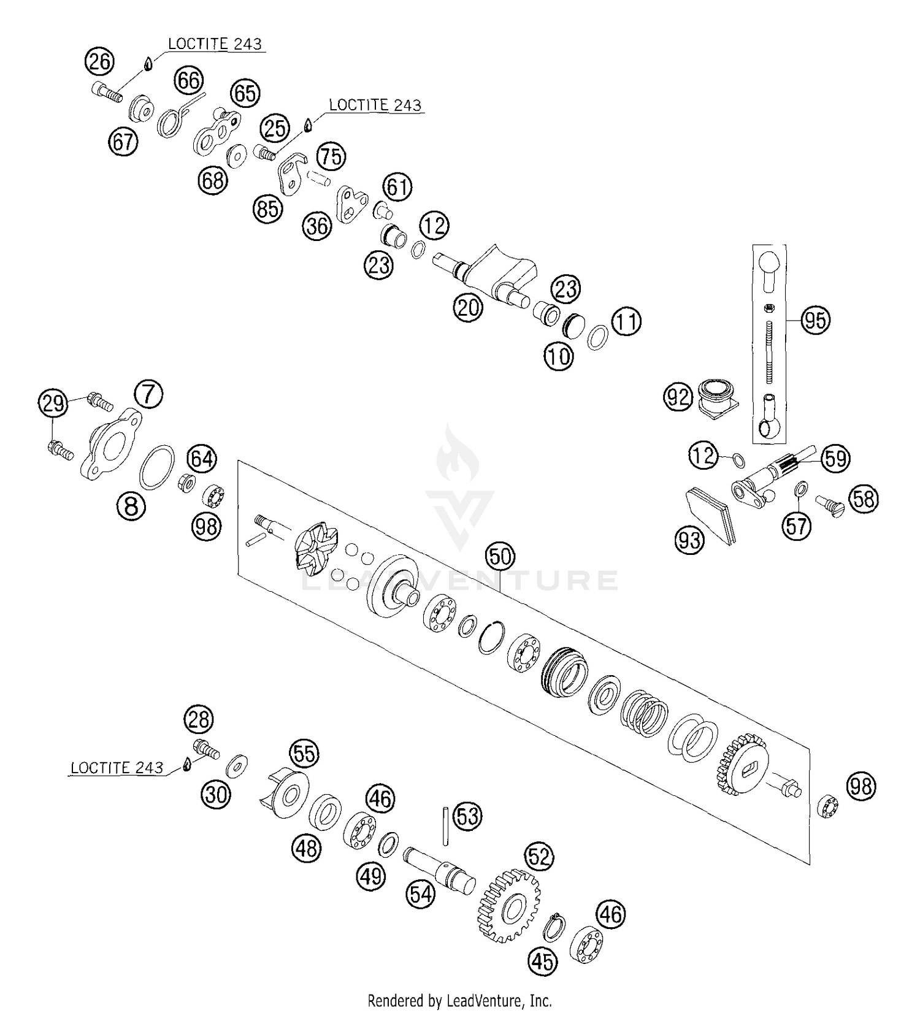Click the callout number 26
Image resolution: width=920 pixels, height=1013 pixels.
point(99,61)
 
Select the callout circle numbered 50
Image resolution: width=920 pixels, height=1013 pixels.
point(500,557)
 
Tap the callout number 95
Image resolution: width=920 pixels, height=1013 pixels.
point(815,321)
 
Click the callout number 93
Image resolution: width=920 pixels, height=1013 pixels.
point(689,540)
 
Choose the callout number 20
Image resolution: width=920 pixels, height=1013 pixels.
point(469,307)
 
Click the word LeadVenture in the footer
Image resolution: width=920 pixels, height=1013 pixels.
point(491,1001)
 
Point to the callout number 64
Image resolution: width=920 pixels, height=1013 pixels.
point(202,459)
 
